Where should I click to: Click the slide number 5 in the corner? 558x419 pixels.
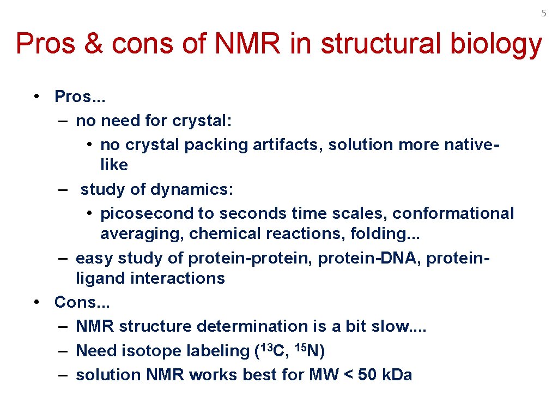point(543,13)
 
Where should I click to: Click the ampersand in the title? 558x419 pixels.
point(95,44)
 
